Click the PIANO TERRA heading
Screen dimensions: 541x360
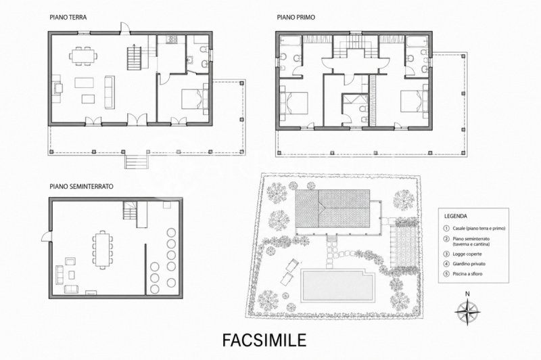68,18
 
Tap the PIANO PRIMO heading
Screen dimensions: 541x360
296,18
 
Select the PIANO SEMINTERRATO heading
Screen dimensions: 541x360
81,186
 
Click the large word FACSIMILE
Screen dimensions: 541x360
264,340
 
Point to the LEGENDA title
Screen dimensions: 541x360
455,217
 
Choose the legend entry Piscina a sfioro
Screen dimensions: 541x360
467,273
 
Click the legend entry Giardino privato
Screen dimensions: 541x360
469,264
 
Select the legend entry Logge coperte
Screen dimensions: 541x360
467,254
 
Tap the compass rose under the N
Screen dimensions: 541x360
467,313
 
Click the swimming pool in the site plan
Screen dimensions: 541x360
337,285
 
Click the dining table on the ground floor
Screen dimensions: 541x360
83,55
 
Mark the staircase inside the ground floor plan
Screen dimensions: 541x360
134,58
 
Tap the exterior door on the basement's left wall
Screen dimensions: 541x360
47,236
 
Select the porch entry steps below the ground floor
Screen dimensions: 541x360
137,161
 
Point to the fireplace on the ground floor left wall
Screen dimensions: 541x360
57,89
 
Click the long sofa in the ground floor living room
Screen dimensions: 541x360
110,93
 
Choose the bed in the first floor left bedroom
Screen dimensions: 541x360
293,103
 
